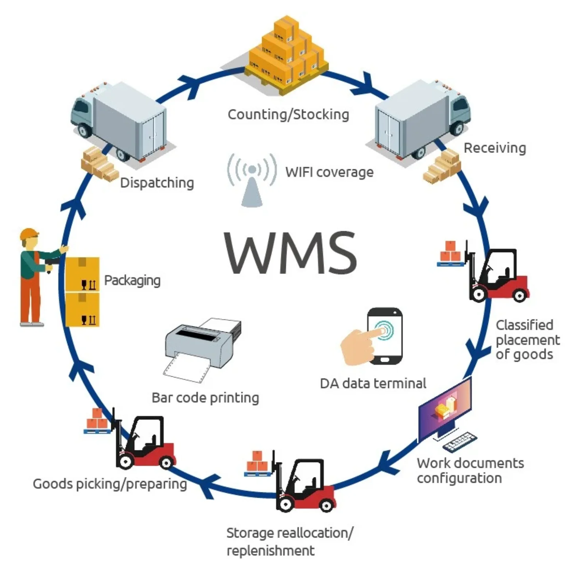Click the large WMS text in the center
tap(290, 253)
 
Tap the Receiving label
tap(495, 148)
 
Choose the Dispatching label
tap(157, 183)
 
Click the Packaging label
tap(132, 280)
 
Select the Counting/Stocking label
tap(288, 115)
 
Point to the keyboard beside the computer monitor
tap(460, 441)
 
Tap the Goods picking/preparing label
tap(109, 484)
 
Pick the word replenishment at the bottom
tap(270, 550)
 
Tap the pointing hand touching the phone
tap(359, 345)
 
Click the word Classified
tap(524, 325)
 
